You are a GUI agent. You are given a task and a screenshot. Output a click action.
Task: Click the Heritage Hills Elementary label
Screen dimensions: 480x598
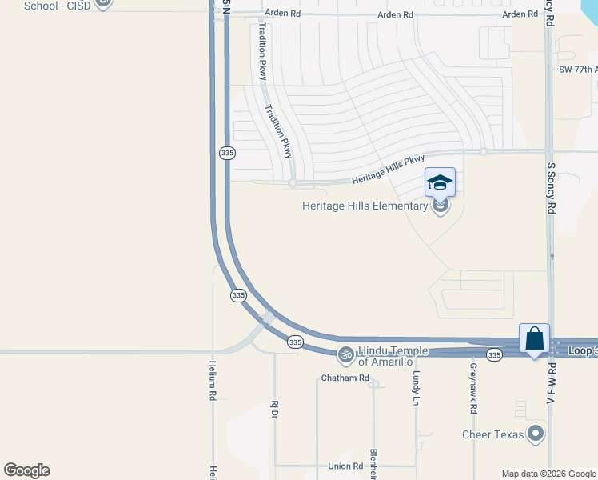click(x=365, y=206)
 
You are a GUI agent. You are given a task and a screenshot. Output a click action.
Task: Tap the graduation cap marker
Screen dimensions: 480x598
click(x=440, y=183)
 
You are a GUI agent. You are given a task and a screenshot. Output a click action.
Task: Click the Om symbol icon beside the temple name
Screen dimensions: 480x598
click(x=345, y=353)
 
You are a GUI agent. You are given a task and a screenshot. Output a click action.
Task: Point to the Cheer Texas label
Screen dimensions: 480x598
click(x=492, y=435)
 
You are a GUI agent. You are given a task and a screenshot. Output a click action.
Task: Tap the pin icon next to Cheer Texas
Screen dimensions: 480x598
click(x=536, y=434)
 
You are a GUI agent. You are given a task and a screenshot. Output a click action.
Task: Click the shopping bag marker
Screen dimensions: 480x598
click(x=534, y=339)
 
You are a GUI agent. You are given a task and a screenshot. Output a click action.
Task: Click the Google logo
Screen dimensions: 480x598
click(x=26, y=470)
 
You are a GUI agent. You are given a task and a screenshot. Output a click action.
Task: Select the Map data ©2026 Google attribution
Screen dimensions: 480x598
click(x=548, y=474)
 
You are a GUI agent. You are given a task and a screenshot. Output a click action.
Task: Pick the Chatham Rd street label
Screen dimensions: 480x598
click(x=345, y=378)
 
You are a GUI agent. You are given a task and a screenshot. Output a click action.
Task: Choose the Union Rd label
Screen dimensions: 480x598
click(x=345, y=466)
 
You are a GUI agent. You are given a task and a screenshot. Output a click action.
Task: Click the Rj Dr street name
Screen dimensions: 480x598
click(x=273, y=409)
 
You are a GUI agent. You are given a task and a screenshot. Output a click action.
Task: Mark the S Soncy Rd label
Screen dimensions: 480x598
click(x=551, y=189)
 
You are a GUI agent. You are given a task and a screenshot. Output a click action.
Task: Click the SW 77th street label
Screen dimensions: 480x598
click(x=577, y=70)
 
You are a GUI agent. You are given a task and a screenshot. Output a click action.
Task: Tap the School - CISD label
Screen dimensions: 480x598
click(x=58, y=5)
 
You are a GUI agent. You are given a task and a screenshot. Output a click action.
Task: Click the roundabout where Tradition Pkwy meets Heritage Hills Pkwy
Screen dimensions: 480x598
click(x=293, y=183)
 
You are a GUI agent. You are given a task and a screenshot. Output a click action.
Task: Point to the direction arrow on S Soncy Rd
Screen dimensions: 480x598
click(x=552, y=256)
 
